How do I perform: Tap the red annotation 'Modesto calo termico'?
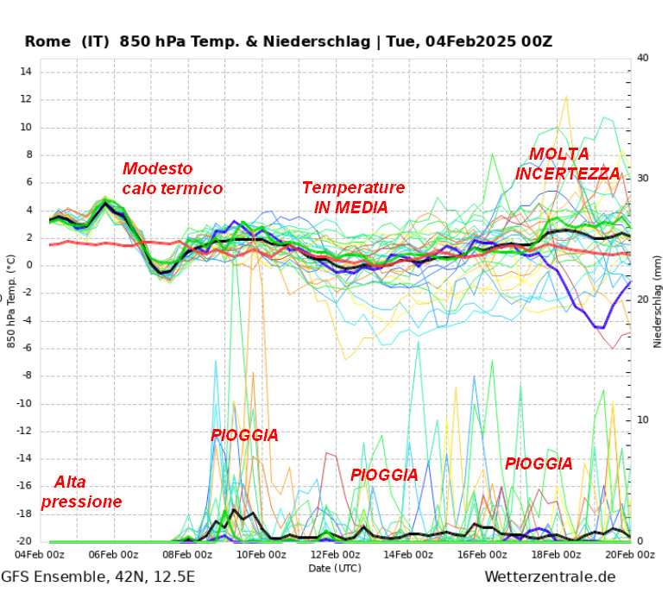tap(173, 179)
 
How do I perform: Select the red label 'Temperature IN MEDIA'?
tap(352, 198)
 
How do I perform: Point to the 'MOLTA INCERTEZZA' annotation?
tap(566, 164)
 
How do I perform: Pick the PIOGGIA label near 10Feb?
tap(244, 435)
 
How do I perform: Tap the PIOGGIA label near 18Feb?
tap(539, 463)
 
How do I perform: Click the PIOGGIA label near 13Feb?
tap(384, 475)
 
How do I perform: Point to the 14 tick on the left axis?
tap(25, 72)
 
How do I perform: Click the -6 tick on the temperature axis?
tap(27, 348)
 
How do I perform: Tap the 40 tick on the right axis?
tap(642, 58)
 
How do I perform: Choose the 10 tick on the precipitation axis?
tap(642, 420)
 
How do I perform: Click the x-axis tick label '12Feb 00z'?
tap(335, 555)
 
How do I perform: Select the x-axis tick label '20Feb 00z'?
tap(630, 555)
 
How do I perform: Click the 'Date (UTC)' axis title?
tap(335, 568)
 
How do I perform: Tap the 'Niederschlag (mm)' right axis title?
tap(658, 299)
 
